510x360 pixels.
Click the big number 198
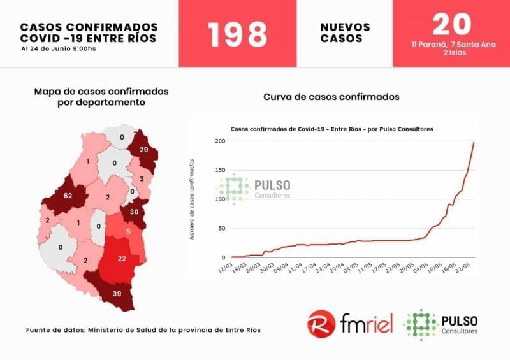pyautogui.click(x=237, y=34)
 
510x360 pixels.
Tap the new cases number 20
pyautogui.click(x=451, y=24)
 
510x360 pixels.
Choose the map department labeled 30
pyautogui.click(x=134, y=212)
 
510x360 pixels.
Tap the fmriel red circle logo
pyautogui.click(x=320, y=323)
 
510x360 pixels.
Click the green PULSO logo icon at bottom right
pyautogui.click(x=420, y=323)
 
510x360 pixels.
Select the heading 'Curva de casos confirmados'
pyautogui.click(x=331, y=97)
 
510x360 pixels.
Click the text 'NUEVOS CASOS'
pyautogui.click(x=345, y=32)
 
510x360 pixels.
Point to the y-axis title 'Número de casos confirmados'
pyautogui.click(x=191, y=198)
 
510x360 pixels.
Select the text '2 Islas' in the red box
pyautogui.click(x=451, y=53)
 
